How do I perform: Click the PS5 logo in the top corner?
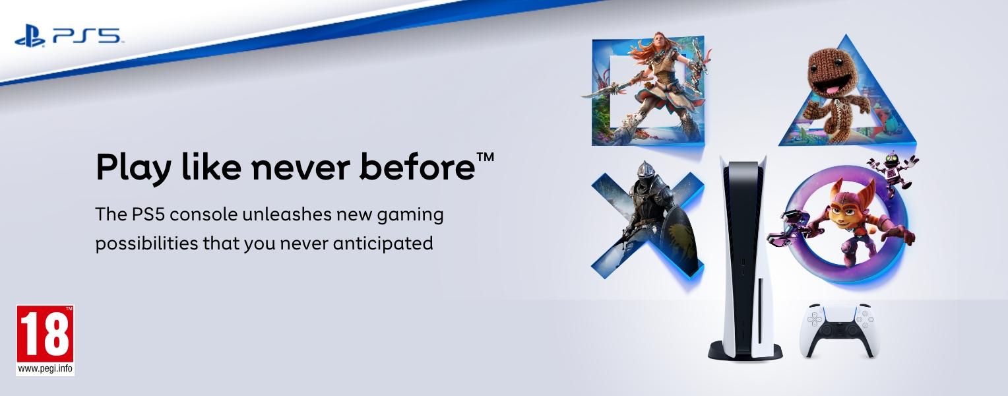coord(67,37)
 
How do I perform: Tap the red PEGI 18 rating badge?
coord(45,334)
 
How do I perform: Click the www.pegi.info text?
coord(45,369)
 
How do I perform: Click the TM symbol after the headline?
coord(485,158)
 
